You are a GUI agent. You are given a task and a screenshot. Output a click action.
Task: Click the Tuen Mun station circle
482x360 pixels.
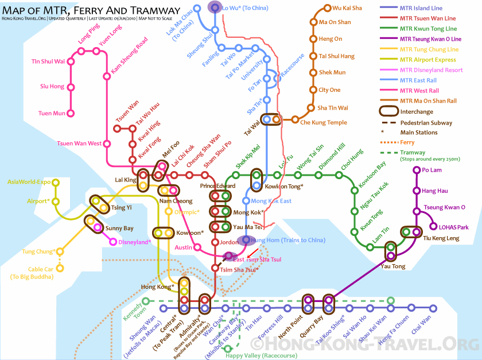tap(71, 113)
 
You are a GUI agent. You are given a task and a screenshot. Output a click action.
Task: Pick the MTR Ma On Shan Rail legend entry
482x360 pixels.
tap(427, 100)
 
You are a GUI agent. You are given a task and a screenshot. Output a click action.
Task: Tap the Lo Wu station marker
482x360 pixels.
tap(215, 7)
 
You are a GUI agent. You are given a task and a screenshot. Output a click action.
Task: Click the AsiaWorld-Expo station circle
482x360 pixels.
tap(56, 182)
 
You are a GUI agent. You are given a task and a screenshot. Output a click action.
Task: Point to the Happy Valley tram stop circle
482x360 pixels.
tap(228, 348)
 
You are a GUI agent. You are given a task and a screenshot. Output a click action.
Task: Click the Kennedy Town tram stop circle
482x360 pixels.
tap(146, 301)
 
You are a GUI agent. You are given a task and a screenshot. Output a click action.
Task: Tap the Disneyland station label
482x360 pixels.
tap(135, 242)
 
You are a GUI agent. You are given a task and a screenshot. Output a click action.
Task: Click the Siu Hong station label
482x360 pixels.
tap(52, 87)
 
